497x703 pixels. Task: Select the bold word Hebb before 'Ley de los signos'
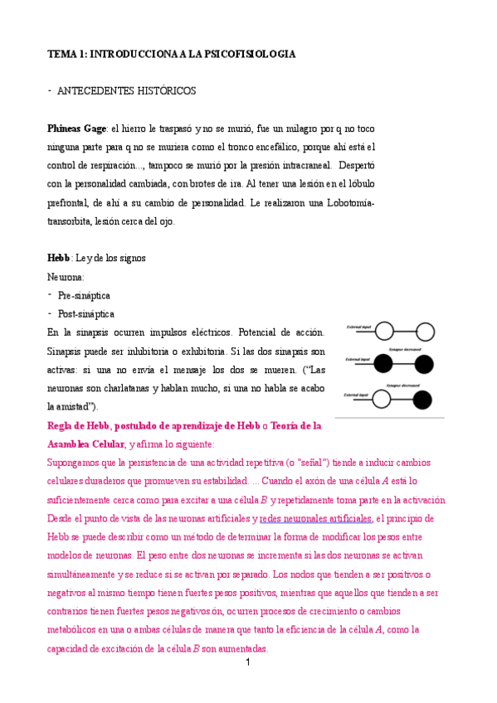pyautogui.click(x=58, y=258)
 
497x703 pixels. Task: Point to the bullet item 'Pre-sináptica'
pyautogui.click(x=84, y=295)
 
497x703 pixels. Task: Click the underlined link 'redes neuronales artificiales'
pyautogui.click(x=316, y=518)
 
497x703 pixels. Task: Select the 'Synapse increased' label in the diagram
pyautogui.click(x=403, y=351)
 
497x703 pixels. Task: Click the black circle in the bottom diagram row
pyautogui.click(x=423, y=400)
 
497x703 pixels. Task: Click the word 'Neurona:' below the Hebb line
pyautogui.click(x=66, y=276)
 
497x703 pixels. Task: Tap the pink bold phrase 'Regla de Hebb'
pyautogui.click(x=78, y=425)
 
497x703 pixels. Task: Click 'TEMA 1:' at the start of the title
pyautogui.click(x=66, y=54)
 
